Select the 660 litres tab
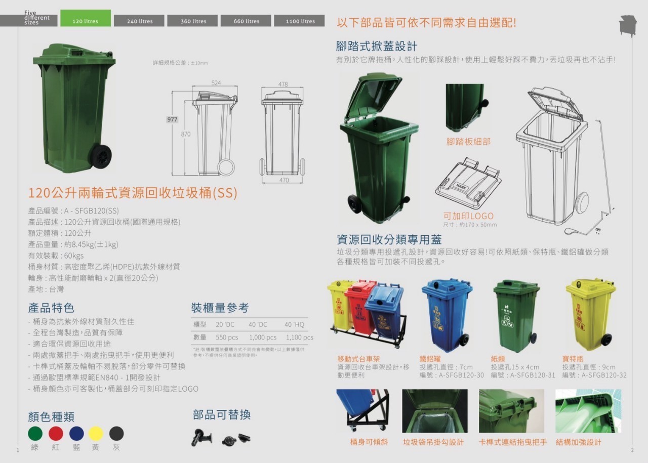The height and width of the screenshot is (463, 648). (x=247, y=21)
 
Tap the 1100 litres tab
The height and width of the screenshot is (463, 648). (x=300, y=21)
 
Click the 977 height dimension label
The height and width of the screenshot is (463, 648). (x=172, y=119)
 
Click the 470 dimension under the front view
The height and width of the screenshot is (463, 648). (x=283, y=180)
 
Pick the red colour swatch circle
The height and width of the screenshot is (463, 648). (x=56, y=433)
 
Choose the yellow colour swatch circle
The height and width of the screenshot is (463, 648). (x=96, y=433)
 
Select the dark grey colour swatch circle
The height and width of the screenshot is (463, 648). (x=116, y=433)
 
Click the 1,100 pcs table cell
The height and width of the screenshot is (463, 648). (x=300, y=338)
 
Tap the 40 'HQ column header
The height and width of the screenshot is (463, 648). (x=294, y=324)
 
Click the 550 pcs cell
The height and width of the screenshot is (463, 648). (x=227, y=338)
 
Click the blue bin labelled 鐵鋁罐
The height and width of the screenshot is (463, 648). (x=447, y=314)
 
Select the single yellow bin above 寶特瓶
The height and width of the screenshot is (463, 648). (x=590, y=314)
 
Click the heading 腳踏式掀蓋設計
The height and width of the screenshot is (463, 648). (x=377, y=47)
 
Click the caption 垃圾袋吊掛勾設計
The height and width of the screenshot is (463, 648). (x=433, y=442)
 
